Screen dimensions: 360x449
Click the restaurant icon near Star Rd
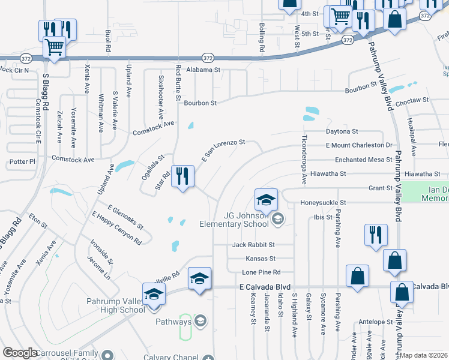(183, 176)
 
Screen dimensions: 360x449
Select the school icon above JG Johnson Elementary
(266, 199)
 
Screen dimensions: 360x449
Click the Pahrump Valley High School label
(115, 306)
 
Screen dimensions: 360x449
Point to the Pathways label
(173, 322)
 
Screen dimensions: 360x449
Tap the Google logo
(20, 353)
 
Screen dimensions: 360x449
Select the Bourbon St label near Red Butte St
(200, 103)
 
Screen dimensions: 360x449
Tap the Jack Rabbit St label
(253, 245)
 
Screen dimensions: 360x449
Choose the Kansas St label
(261, 259)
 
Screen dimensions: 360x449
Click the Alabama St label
(203, 70)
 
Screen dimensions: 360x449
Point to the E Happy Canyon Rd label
(116, 228)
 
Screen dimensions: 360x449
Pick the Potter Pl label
(23, 162)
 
